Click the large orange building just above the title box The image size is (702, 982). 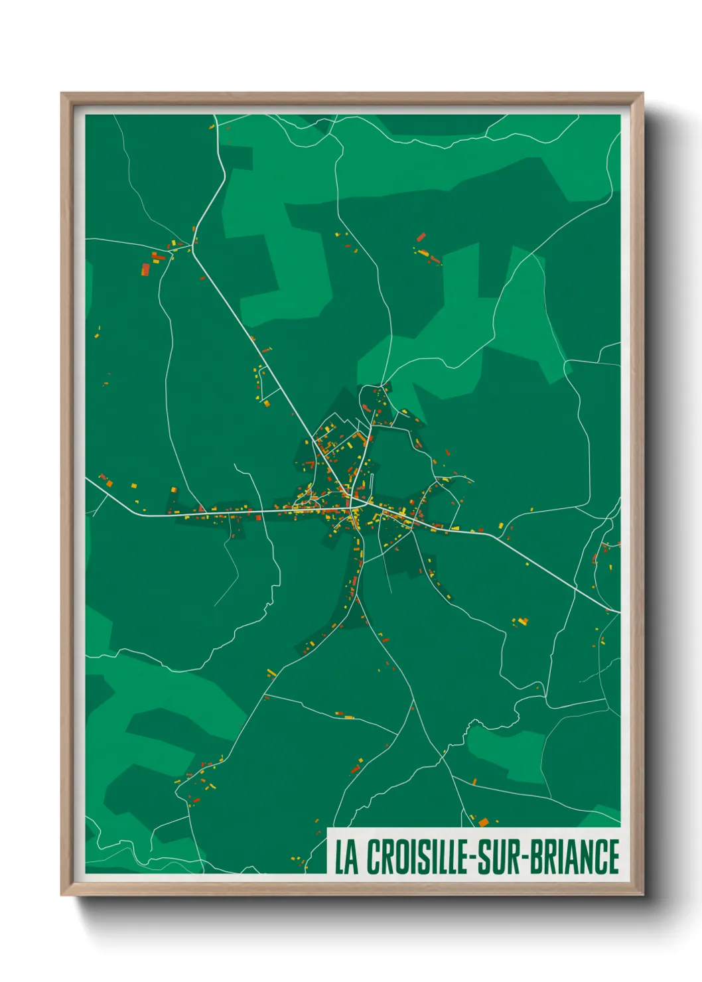(484, 822)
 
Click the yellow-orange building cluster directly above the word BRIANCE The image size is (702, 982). (522, 622)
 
